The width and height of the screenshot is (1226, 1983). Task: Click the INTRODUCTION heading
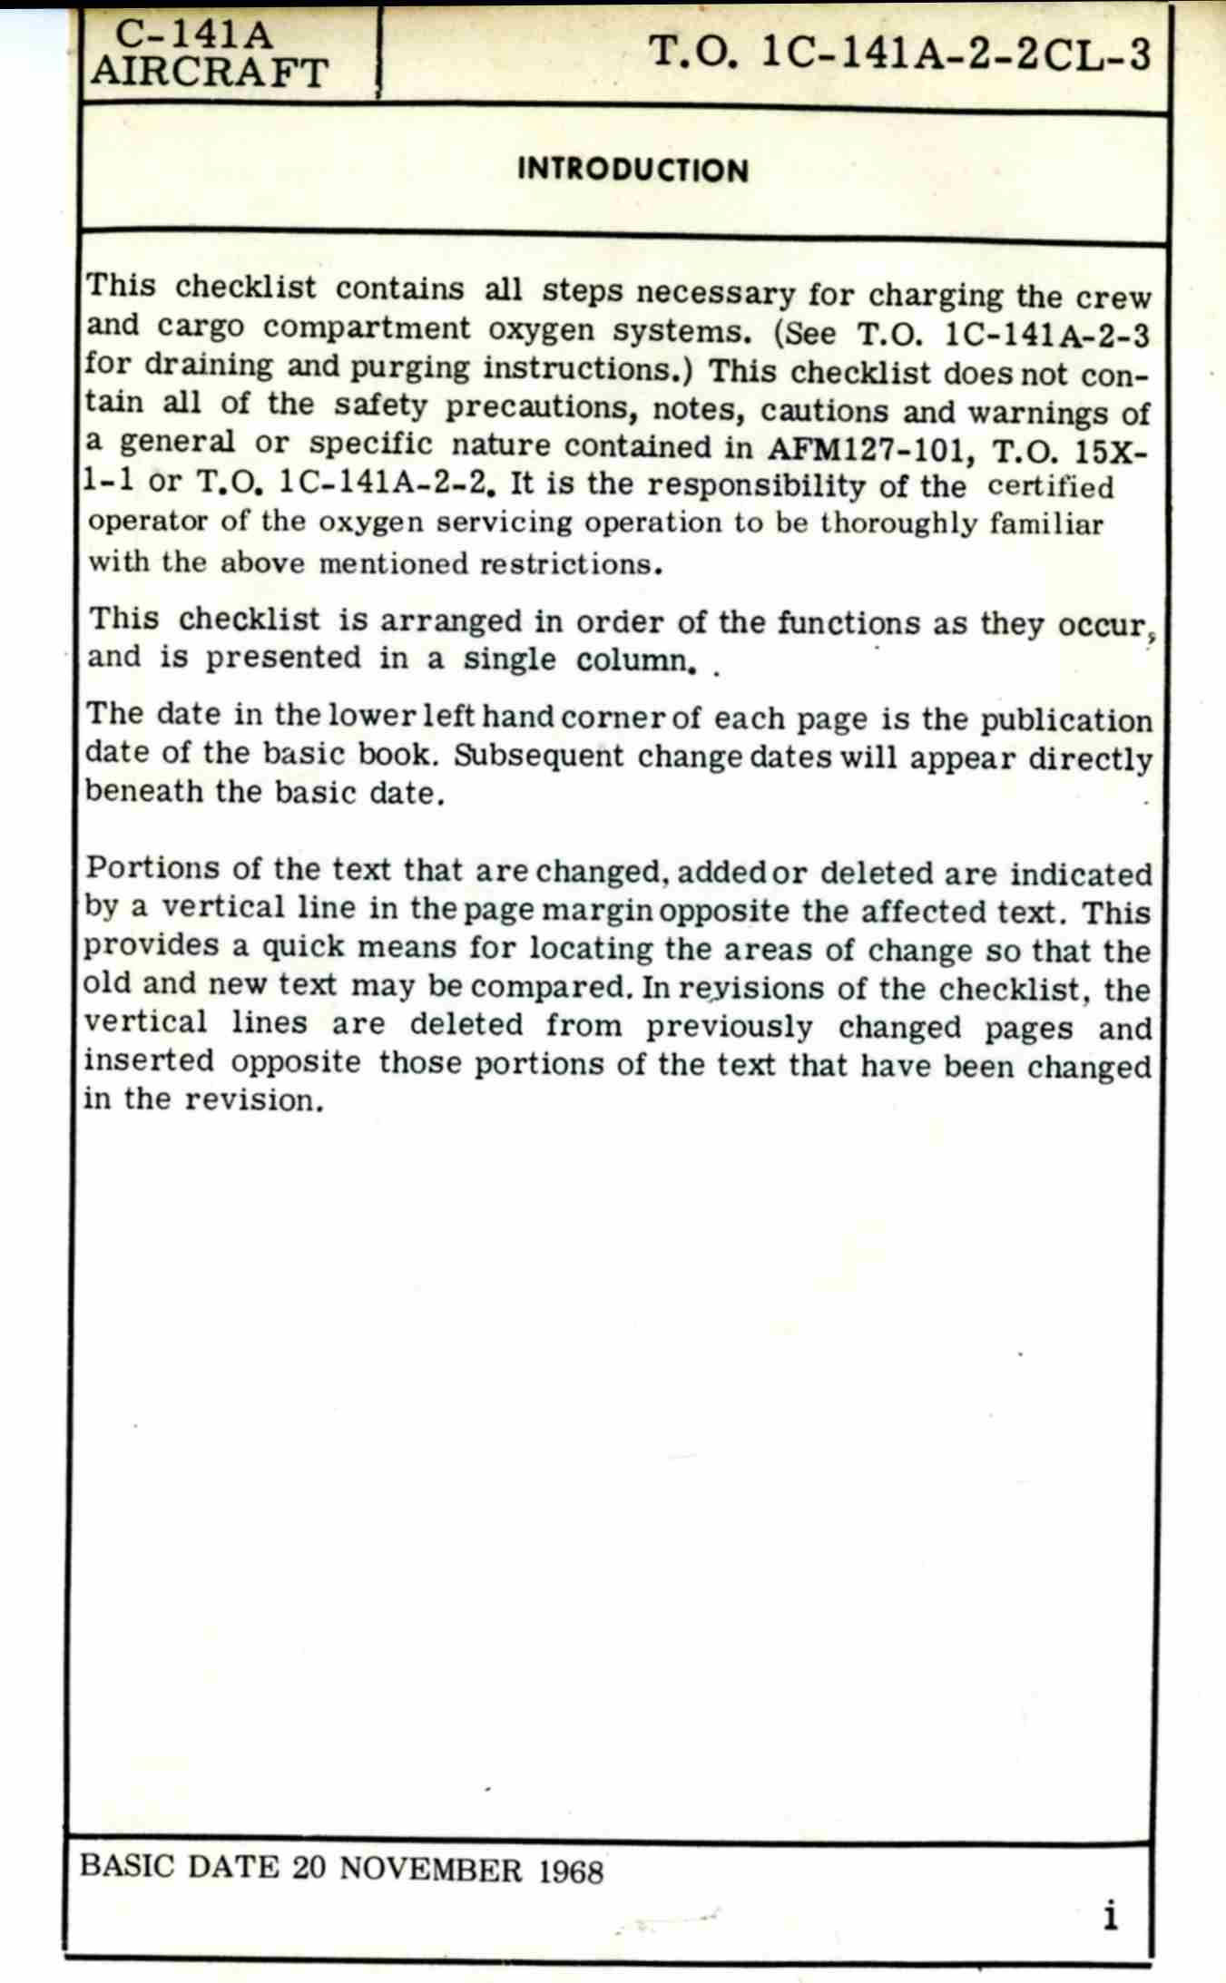pyautogui.click(x=633, y=171)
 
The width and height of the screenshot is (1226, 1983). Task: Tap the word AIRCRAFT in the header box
pyautogui.click(x=209, y=73)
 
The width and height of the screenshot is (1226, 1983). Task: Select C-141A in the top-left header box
pyautogui.click(x=194, y=35)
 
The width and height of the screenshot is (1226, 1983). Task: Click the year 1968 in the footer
pyautogui.click(x=571, y=1871)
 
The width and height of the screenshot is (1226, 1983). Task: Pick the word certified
pyautogui.click(x=1050, y=487)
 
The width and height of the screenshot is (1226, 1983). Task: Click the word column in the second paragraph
pyautogui.click(x=632, y=659)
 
